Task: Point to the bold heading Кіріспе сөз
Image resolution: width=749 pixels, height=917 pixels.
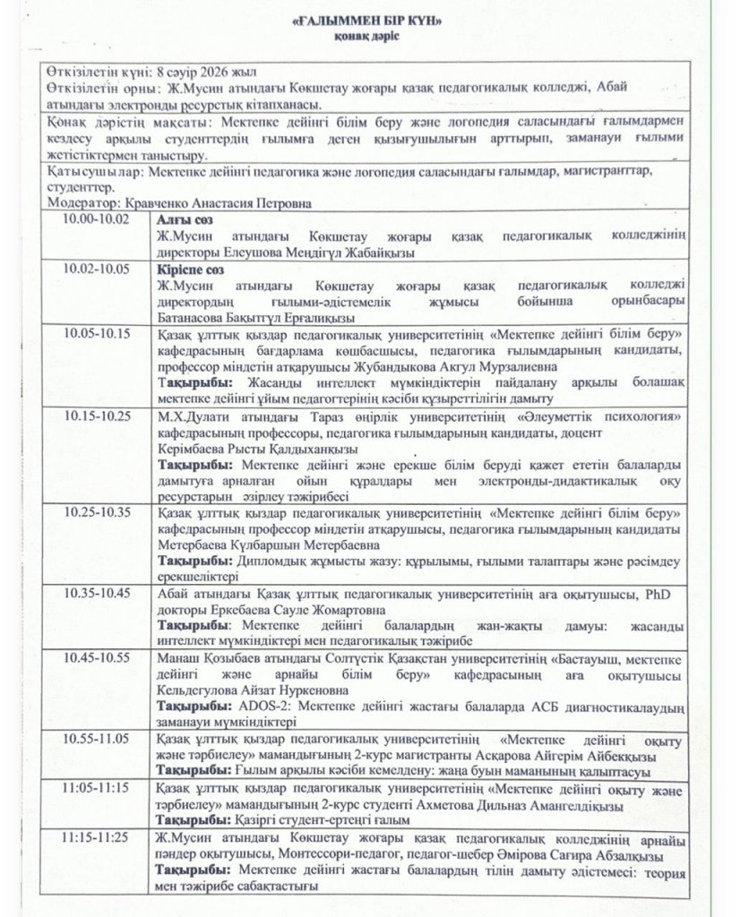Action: [190, 268]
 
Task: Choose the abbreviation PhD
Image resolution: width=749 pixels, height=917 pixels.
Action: [659, 595]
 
